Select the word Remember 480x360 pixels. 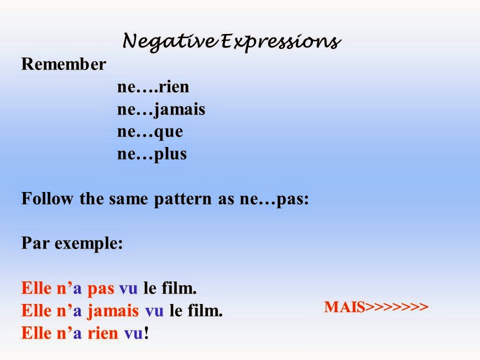point(63,65)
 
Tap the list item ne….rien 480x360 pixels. point(153,87)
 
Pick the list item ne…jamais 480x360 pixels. point(161,109)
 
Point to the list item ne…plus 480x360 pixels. point(152,154)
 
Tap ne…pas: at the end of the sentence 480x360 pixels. point(282,199)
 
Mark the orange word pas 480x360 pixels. point(101,289)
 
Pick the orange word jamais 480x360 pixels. point(113,311)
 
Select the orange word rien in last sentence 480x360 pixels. point(103,333)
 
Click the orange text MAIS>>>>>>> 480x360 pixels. point(376,306)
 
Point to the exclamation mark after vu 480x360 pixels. point(146,333)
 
